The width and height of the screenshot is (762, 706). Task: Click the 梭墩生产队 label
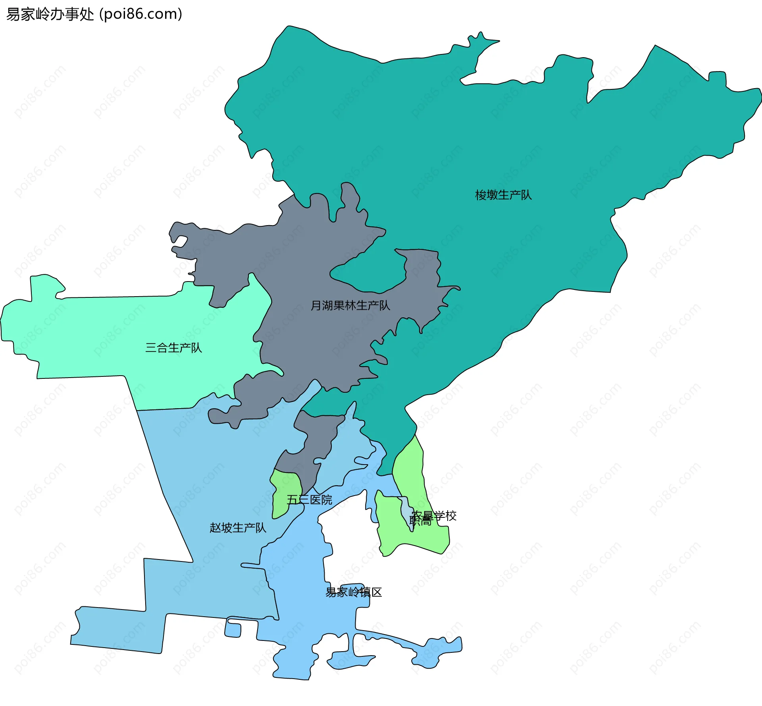point(503,195)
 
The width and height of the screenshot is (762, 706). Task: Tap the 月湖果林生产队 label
point(350,305)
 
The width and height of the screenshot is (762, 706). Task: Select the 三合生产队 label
point(173,348)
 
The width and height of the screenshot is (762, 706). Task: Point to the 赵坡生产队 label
point(238,528)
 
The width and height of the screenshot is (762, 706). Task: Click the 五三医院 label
point(309,500)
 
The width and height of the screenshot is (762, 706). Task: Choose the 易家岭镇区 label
point(353,592)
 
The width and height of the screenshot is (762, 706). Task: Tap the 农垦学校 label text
point(434,515)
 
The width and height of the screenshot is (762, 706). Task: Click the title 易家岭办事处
point(50,14)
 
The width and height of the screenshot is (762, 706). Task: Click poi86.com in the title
point(140,14)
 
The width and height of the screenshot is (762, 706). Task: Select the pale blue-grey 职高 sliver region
point(406,510)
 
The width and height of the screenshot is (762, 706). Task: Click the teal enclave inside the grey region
point(369,274)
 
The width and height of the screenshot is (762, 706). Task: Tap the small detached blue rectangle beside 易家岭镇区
point(233,630)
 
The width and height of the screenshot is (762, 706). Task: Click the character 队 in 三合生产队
point(196,348)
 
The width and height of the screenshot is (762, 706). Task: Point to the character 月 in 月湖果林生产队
point(316,305)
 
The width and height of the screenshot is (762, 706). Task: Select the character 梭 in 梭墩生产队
point(481,195)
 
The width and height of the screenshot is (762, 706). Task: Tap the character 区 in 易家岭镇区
point(377,592)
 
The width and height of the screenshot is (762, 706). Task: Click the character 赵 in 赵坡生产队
point(215,528)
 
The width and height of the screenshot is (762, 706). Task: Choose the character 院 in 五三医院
point(327,500)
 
